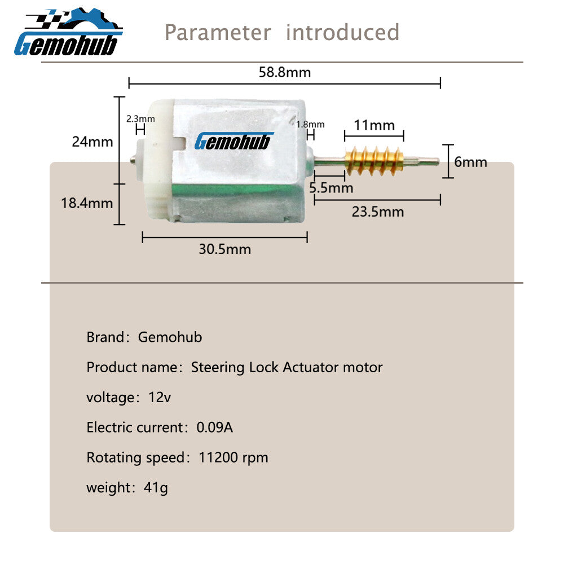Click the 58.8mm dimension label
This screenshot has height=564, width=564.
coord(284,72)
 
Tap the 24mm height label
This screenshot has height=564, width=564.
coord(92,142)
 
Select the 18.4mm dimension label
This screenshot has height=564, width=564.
coord(87,203)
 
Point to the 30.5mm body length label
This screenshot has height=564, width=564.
coord(225,249)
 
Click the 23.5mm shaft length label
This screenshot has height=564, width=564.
coord(378,212)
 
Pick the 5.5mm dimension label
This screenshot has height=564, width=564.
coord(331,188)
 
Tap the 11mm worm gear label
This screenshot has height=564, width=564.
coord(374,125)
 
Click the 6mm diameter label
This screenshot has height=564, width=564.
coord(470,162)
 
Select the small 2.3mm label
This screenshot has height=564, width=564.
coord(140,118)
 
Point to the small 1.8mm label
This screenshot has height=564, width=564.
coord(310,125)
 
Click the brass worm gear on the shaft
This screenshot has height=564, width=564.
coord(374,161)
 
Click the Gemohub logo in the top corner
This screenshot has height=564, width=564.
coord(68,32)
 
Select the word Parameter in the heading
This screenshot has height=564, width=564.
coord(218,32)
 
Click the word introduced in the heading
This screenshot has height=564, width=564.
coord(342,32)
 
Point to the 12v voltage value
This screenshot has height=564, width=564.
coord(160,398)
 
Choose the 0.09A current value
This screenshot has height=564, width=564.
coord(215,428)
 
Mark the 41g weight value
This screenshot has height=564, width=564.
coord(156,488)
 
